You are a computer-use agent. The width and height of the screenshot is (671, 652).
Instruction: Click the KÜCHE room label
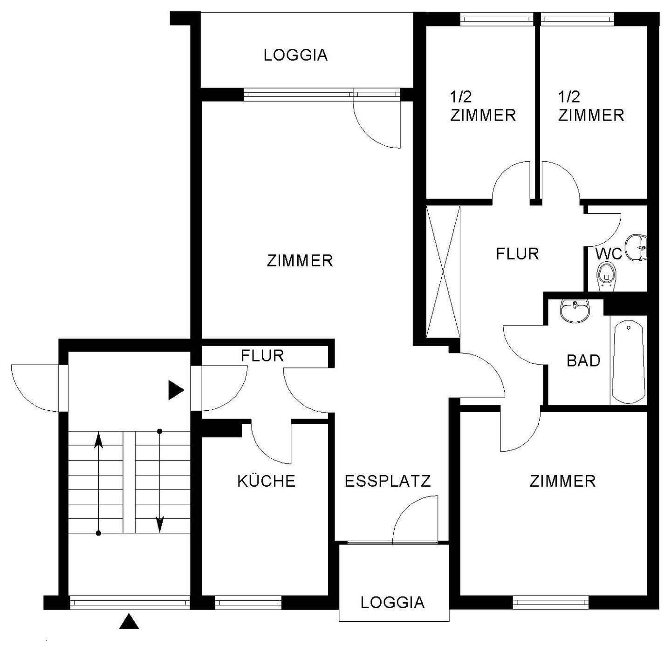coord(266,481)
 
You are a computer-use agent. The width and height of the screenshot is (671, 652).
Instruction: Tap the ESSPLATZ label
coord(388,481)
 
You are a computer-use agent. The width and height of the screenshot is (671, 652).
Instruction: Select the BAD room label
coord(583,360)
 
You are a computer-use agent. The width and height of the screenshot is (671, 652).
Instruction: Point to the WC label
coord(609,254)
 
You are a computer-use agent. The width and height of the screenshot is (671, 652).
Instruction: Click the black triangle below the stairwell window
coord(129,622)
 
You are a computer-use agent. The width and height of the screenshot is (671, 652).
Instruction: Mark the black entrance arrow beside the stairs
coord(175,390)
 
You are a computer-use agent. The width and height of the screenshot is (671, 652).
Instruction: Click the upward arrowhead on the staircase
coord(98,440)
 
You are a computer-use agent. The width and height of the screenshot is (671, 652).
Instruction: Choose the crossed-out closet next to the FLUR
coord(443,272)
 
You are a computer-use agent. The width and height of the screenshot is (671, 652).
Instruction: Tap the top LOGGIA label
coord(295,55)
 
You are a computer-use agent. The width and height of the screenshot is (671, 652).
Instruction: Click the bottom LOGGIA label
coord(392,602)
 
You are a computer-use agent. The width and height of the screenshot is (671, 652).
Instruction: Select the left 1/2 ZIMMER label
coord(483,106)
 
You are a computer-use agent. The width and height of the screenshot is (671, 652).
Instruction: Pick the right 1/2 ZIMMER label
coord(591,106)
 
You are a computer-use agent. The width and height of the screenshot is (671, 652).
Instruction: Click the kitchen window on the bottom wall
coord(248,603)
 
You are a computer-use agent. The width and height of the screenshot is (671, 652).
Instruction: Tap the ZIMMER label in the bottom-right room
coord(562,481)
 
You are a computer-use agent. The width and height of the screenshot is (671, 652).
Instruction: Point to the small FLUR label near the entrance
coord(262,356)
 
